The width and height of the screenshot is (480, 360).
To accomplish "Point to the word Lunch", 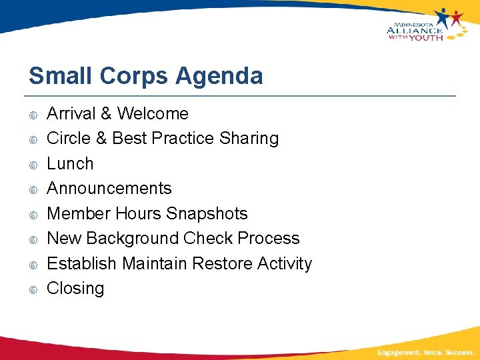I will (x=70, y=163).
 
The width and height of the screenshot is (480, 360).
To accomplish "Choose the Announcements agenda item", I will (x=109, y=188).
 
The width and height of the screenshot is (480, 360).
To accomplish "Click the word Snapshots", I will (x=207, y=213).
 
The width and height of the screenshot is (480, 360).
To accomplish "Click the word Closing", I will (x=75, y=288).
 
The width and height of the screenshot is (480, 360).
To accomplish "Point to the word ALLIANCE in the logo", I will (x=414, y=29).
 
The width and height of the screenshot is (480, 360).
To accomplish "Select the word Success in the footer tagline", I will (x=459, y=351).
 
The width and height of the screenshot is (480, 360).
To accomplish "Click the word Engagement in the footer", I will (x=399, y=351).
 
